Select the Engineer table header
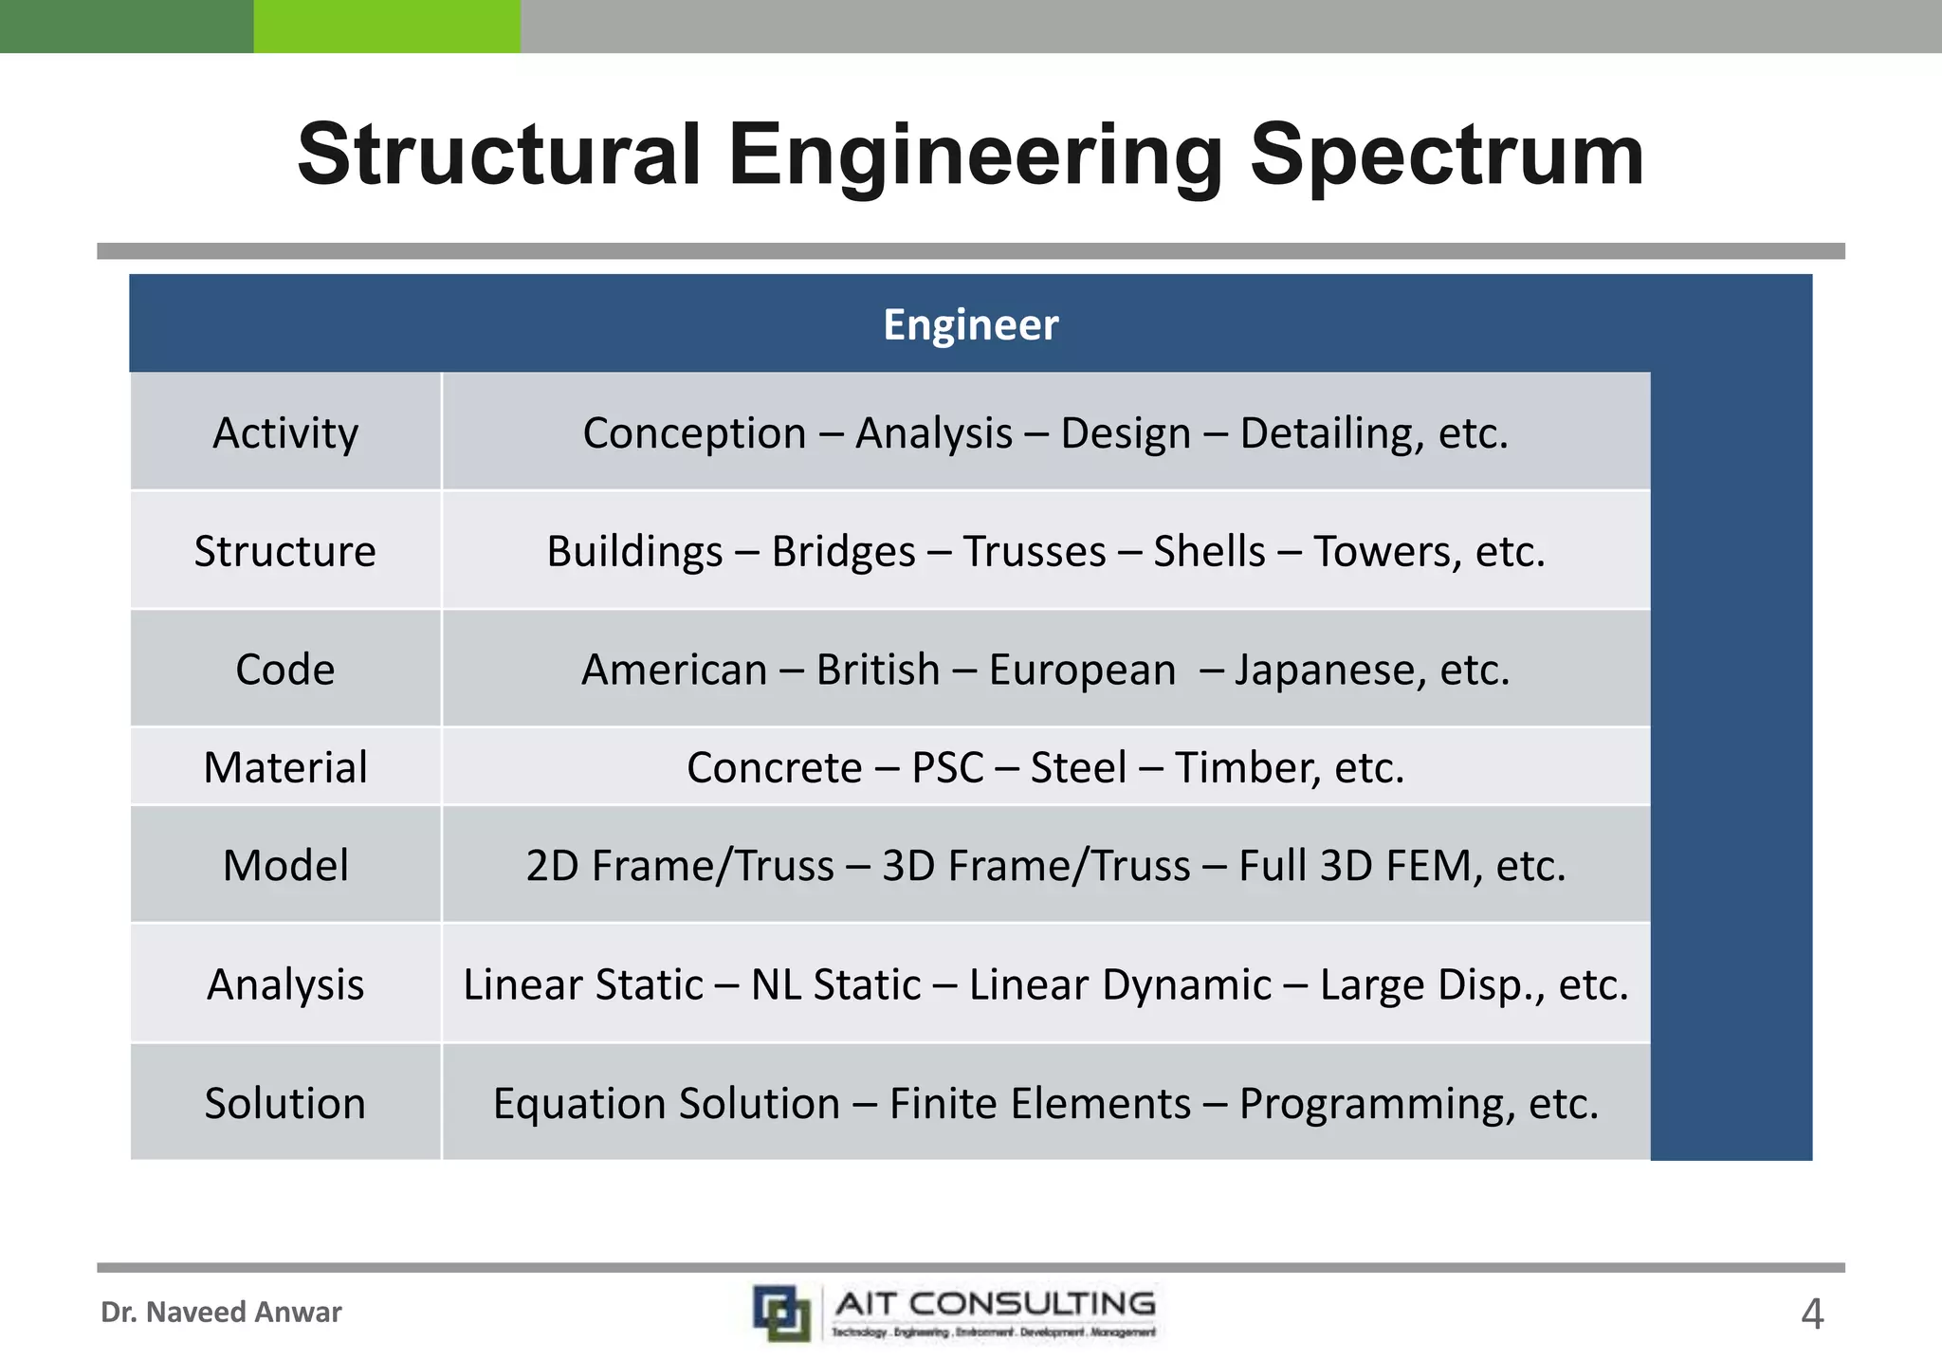pyautogui.click(x=970, y=324)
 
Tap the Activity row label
pyautogui.click(x=285, y=433)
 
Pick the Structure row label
pyautogui.click(x=285, y=551)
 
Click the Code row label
pyautogui.click(x=285, y=670)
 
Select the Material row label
pyautogui.click(x=285, y=767)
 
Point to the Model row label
pyautogui.click(x=285, y=865)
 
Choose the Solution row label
pyautogui.click(x=285, y=1103)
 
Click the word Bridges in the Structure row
pyautogui.click(x=843, y=552)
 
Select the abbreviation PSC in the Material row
pyautogui.click(x=947, y=768)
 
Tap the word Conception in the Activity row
pyautogui.click(x=694, y=434)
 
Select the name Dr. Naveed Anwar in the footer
pyautogui.click(x=221, y=1312)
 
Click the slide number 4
pyautogui.click(x=1811, y=1314)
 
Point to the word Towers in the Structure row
pyautogui.click(x=1386, y=552)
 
